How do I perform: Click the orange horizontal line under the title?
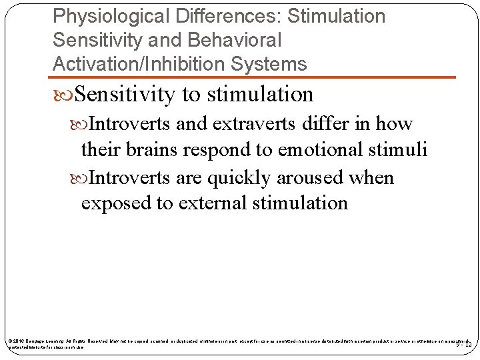(253, 77)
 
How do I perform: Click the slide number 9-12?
(464, 345)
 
